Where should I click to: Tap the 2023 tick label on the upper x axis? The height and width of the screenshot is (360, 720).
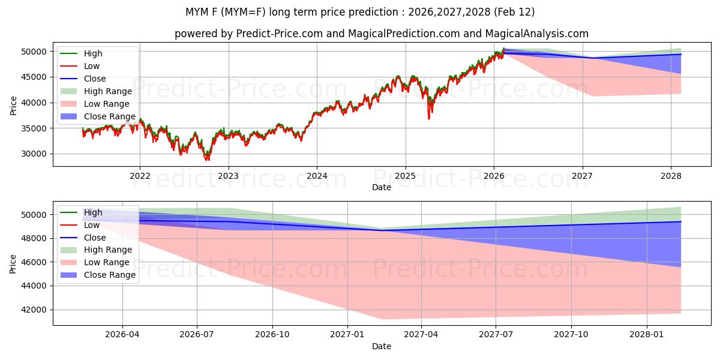coord(229,175)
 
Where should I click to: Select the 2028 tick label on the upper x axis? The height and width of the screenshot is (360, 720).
coord(671,175)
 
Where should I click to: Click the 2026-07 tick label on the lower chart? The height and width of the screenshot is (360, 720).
coord(197,335)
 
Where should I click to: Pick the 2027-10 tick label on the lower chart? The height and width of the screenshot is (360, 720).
coord(571,335)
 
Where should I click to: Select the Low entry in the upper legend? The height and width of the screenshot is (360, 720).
coord(92,66)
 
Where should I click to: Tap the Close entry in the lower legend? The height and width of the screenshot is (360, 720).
coord(95,238)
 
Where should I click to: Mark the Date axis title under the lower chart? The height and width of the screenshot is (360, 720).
coord(382,346)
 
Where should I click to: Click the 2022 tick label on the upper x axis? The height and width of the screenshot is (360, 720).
coord(140,175)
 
